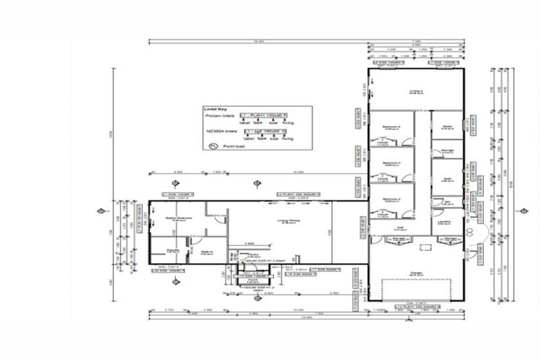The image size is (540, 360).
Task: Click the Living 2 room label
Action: [x=416, y=91]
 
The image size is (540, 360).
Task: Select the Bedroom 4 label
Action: [x=391, y=127]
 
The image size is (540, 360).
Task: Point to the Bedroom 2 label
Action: [x=391, y=199]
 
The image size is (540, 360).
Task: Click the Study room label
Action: [x=446, y=127]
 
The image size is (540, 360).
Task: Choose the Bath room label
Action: [x=446, y=179]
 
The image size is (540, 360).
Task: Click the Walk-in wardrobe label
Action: [x=207, y=252]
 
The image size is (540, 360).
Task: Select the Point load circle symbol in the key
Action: [x=212, y=146]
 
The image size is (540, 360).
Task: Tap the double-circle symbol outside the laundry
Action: [x=469, y=229]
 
